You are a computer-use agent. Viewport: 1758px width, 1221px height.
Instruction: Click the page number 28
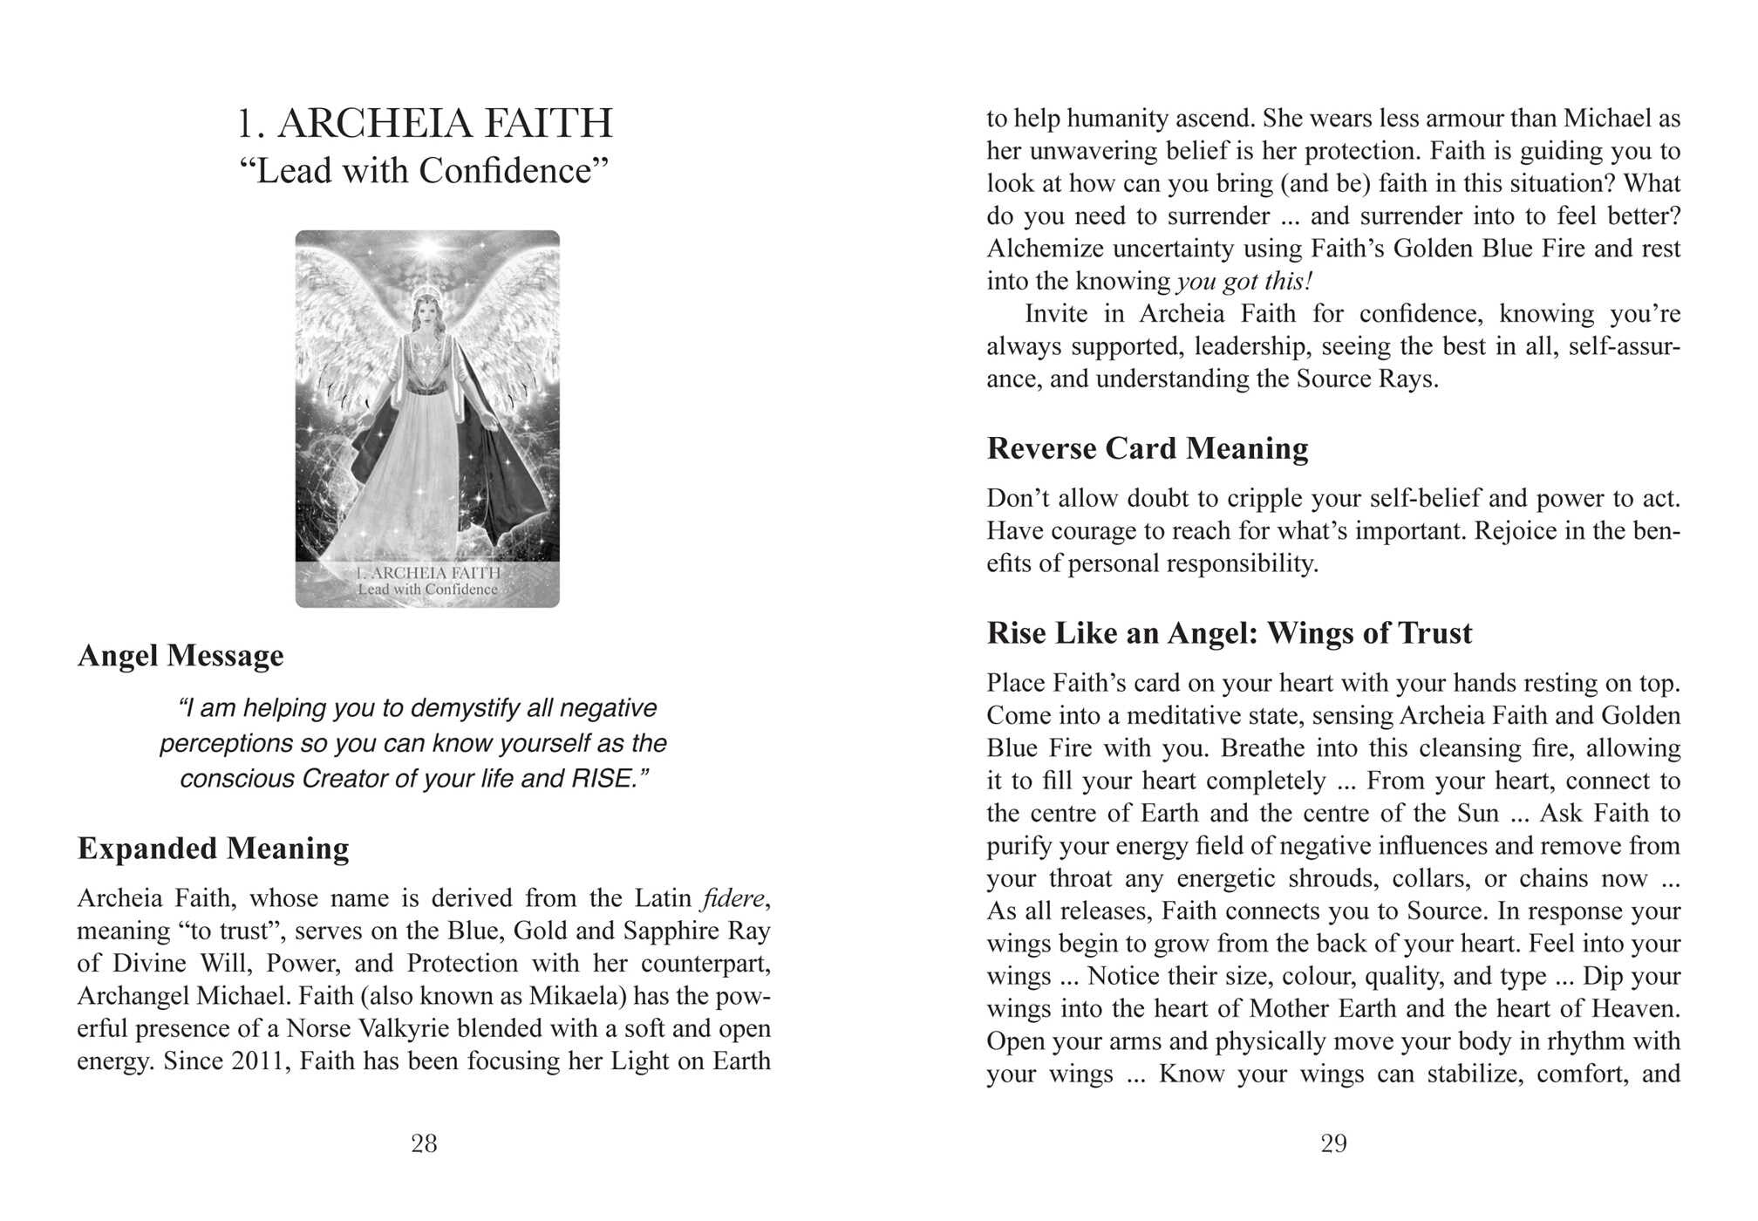coord(424,1143)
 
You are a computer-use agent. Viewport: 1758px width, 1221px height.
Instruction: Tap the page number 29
coord(1333,1143)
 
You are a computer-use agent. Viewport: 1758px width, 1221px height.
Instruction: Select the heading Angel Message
coord(181,656)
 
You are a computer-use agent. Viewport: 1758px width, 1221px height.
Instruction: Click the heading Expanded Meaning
coord(213,849)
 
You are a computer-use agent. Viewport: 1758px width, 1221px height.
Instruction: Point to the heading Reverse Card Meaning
coord(1147,448)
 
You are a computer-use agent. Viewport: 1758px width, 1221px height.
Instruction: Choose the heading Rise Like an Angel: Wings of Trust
coord(1229,633)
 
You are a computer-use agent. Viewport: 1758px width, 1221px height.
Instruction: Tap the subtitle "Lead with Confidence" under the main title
coord(425,171)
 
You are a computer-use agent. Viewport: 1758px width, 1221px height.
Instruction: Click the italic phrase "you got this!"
coord(1244,282)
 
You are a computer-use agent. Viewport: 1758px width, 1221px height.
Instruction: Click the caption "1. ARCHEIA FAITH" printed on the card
coord(428,573)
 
